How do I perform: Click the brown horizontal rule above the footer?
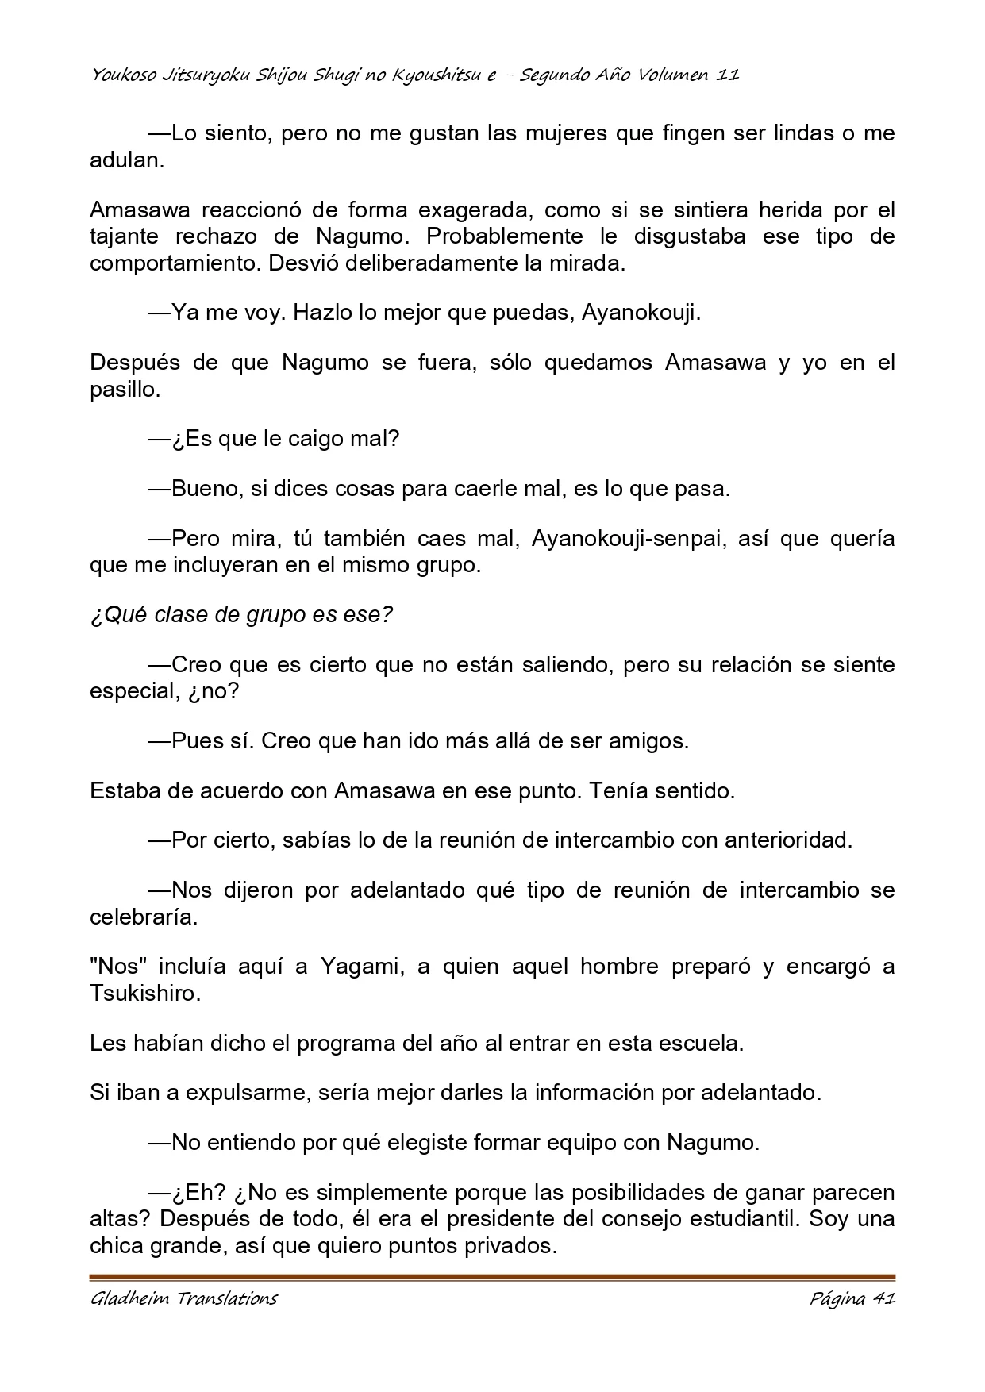click(492, 1278)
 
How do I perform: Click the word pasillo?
click(125, 390)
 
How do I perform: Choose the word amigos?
click(648, 740)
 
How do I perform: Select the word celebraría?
click(143, 917)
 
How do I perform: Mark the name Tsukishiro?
click(144, 993)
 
